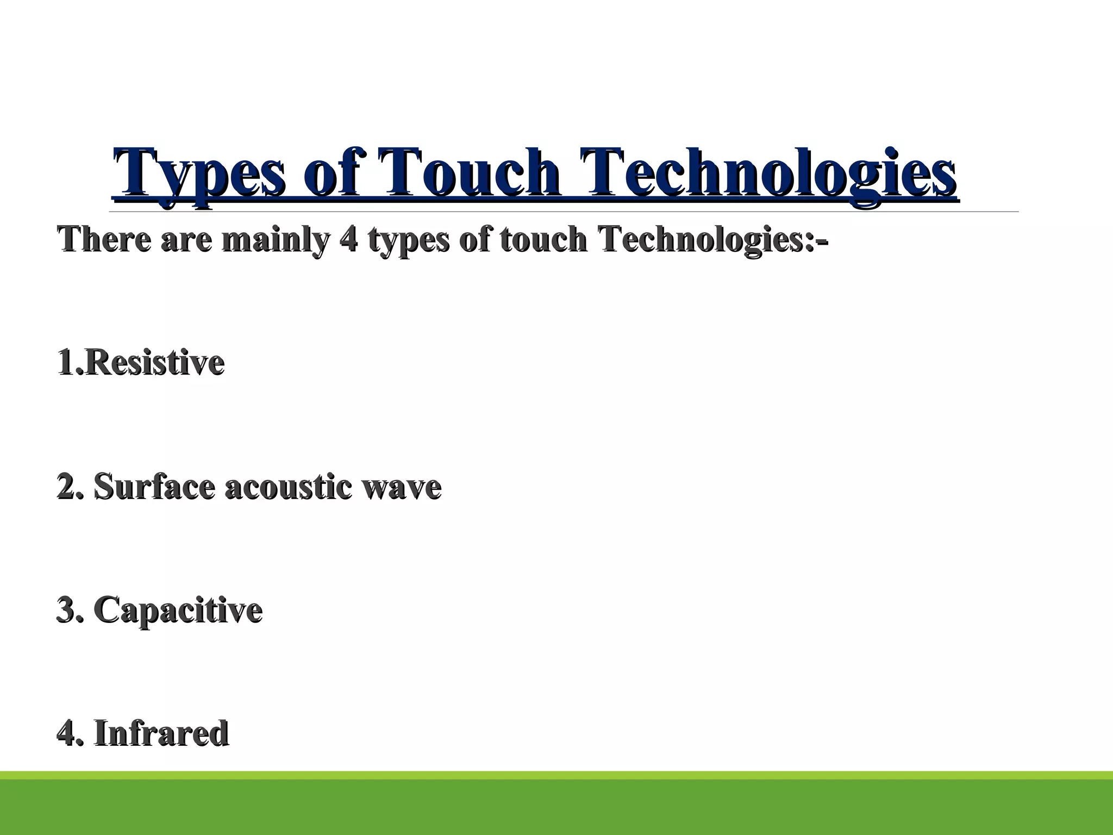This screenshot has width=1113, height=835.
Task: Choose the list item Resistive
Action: (x=154, y=363)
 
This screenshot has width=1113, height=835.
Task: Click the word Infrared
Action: (x=161, y=733)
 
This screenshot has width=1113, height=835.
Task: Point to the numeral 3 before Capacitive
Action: (x=65, y=610)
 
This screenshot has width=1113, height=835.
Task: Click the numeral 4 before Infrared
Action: (x=65, y=733)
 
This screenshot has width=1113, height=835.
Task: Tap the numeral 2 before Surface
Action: (x=65, y=487)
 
